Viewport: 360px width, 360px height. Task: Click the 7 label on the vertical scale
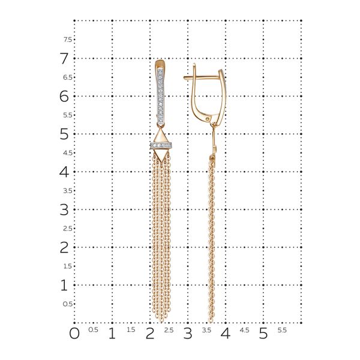click(x=64, y=59)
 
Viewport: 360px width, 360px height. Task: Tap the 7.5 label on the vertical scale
click(x=68, y=40)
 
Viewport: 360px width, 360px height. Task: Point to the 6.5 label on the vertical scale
click(x=68, y=77)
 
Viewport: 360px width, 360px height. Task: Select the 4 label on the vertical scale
click(x=64, y=172)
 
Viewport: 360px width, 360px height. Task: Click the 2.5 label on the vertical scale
click(x=68, y=229)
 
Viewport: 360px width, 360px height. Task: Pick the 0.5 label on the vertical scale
click(x=68, y=304)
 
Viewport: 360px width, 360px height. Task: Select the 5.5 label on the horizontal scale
click(x=282, y=330)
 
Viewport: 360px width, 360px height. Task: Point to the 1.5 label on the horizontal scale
click(x=131, y=330)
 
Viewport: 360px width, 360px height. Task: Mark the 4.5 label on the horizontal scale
click(x=244, y=330)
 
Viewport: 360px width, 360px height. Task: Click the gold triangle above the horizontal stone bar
click(x=160, y=136)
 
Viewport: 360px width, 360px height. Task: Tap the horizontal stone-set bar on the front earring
click(x=160, y=145)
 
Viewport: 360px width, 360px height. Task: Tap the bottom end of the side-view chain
click(x=211, y=319)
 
